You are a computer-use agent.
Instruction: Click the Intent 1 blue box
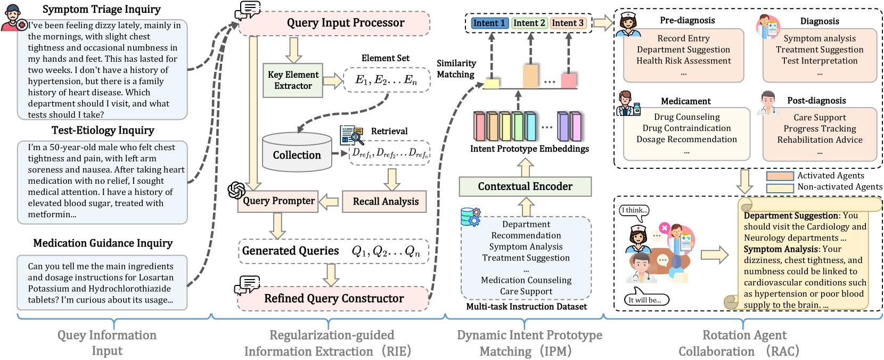point(489,23)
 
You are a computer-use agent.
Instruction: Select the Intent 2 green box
point(529,23)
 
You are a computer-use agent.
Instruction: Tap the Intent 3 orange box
point(568,23)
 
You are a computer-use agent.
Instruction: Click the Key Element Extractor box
point(293,80)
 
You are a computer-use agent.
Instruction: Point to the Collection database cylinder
point(297,152)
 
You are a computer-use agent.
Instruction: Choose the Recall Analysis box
point(384,201)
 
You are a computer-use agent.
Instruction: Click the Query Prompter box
point(278,201)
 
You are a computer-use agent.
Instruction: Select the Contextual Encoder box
point(525,186)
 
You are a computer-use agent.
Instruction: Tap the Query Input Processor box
point(334,23)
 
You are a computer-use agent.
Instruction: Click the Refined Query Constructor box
point(333,298)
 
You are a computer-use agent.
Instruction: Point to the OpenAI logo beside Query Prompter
point(236,190)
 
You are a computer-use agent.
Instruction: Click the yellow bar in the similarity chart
point(492,84)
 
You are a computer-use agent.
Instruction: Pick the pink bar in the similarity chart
point(568,80)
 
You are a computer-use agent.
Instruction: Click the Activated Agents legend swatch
point(780,176)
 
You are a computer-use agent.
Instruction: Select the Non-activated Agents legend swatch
point(780,188)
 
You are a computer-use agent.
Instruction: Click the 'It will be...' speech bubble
point(646,299)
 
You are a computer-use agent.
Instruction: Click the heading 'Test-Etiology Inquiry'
point(103,130)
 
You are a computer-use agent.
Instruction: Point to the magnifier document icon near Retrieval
point(351,135)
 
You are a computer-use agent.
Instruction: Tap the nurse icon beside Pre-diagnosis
point(628,24)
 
